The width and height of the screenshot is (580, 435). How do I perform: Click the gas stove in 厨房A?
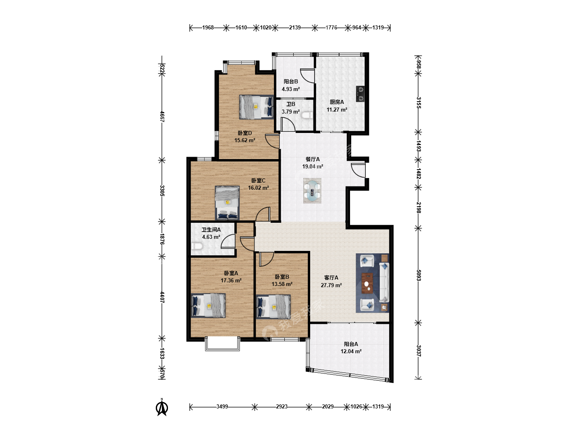360,94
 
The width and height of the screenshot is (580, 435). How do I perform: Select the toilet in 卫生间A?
197,246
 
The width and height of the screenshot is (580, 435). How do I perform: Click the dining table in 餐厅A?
312,191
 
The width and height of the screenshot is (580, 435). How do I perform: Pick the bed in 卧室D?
256,107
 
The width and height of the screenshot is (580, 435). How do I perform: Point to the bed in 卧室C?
227,203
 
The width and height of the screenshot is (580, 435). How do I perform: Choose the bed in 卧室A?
208,305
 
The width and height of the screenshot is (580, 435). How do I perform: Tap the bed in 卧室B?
273,307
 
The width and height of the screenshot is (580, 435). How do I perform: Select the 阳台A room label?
351,344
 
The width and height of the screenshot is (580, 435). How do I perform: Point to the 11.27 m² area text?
337,110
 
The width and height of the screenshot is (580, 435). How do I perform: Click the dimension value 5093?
418,275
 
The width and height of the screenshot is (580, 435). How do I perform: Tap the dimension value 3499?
222,406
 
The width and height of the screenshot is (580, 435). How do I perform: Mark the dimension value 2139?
295,27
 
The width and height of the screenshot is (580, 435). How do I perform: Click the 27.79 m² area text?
331,285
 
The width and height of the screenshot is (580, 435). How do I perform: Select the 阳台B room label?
291,81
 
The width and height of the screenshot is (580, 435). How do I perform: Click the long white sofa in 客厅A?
384,282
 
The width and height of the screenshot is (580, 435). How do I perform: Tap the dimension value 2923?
282,406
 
